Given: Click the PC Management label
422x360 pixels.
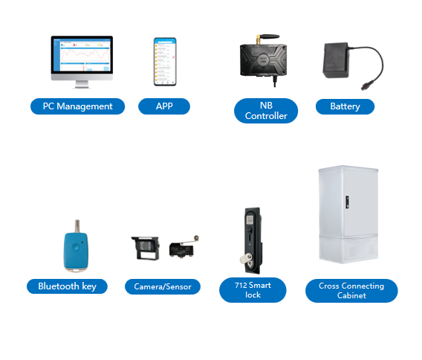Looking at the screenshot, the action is [77, 106].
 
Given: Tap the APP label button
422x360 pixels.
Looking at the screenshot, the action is [164, 106].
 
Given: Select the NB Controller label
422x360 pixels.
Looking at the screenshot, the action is [266, 111].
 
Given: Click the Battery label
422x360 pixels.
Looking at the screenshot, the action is [345, 106].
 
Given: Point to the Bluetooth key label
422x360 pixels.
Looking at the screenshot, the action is [67, 286].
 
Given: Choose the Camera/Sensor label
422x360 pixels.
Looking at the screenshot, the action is [163, 286].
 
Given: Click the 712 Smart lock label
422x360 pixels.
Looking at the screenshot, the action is [253, 290].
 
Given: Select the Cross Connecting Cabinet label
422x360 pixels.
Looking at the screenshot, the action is [351, 291].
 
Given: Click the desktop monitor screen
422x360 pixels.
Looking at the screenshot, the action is [82, 55].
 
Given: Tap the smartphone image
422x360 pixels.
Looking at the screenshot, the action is [165, 62].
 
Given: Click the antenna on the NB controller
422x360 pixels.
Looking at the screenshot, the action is [267, 37].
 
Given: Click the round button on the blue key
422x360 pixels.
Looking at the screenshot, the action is [77, 246].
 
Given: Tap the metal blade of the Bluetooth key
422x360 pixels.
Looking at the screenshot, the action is [77, 226].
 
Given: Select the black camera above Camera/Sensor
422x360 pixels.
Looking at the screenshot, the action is [146, 248].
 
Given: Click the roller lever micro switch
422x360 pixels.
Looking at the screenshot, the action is [184, 247].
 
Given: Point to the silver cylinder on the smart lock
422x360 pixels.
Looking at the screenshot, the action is [244, 259].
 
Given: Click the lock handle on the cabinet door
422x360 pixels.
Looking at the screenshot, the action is [348, 202].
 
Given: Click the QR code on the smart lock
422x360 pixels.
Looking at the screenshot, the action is [250, 220].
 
